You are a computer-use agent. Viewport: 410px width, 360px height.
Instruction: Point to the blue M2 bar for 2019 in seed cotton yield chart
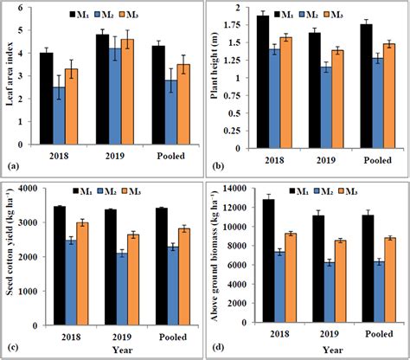[x=125, y=289]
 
